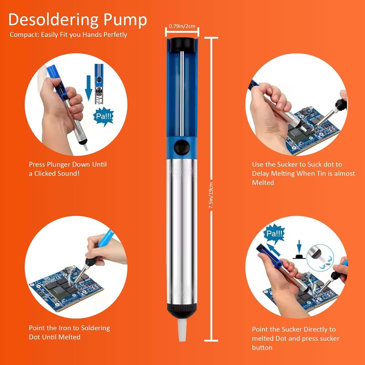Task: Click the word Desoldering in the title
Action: (x=53, y=20)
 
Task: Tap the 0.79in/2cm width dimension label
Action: (x=182, y=26)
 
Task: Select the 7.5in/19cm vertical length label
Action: (x=211, y=195)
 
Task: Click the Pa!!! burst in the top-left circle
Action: (x=104, y=116)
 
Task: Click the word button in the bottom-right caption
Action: (x=262, y=348)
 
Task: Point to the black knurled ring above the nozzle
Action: (x=182, y=308)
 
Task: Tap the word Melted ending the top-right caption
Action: (x=263, y=183)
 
